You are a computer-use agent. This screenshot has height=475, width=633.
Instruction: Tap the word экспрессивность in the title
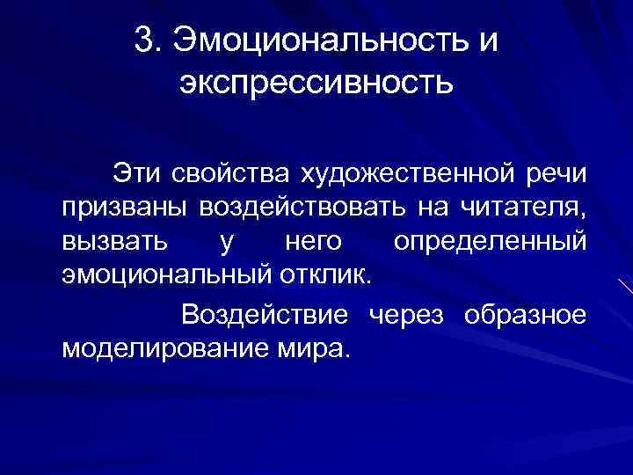316,84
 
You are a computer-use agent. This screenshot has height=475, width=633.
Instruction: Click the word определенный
489,240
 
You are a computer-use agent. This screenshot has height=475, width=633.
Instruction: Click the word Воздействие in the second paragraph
266,315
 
